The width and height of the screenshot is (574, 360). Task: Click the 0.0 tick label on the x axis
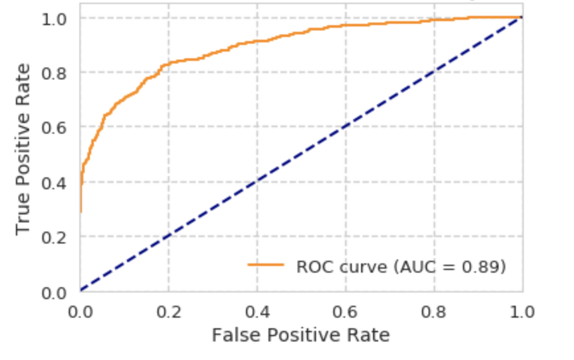[x=80, y=311]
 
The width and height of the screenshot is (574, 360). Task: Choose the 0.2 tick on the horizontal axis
[x=169, y=311]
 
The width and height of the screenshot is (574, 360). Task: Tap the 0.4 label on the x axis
[x=257, y=311]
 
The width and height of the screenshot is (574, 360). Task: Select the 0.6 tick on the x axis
[x=346, y=311]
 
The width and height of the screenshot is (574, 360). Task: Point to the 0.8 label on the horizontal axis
[x=434, y=311]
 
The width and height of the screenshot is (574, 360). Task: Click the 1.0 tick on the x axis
[x=522, y=311]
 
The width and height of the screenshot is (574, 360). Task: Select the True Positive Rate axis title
[x=24, y=148]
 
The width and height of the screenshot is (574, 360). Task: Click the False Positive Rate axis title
[x=301, y=336]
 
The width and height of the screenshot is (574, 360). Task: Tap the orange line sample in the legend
[x=266, y=266]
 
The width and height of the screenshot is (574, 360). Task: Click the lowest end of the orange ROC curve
[x=81, y=211]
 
